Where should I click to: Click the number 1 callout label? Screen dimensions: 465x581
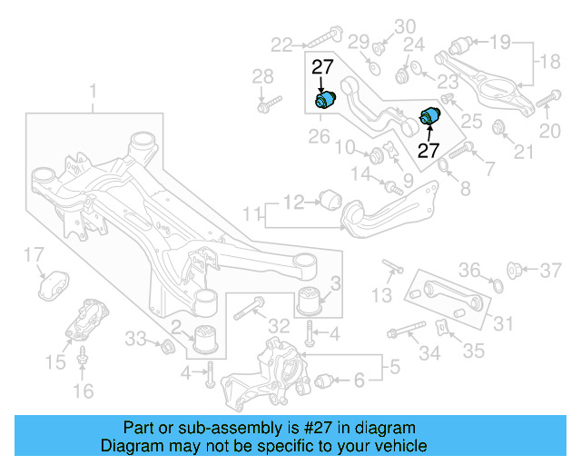pyautogui.click(x=92, y=92)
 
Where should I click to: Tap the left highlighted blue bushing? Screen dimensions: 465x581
pyautogui.click(x=325, y=99)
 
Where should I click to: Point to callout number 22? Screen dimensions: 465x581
pyautogui.click(x=281, y=43)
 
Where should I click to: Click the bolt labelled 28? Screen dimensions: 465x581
pyautogui.click(x=263, y=104)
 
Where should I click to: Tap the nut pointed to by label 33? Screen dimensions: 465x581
pyautogui.click(x=167, y=346)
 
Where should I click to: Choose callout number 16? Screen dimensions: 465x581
pyautogui.click(x=83, y=391)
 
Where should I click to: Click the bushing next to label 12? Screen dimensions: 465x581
pyautogui.click(x=330, y=197)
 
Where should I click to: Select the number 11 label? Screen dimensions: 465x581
pyautogui.click(x=251, y=215)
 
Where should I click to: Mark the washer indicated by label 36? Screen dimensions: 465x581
pyautogui.click(x=497, y=287)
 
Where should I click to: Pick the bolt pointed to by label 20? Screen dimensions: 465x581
pyautogui.click(x=547, y=100)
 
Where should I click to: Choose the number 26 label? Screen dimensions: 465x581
pyautogui.click(x=318, y=137)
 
